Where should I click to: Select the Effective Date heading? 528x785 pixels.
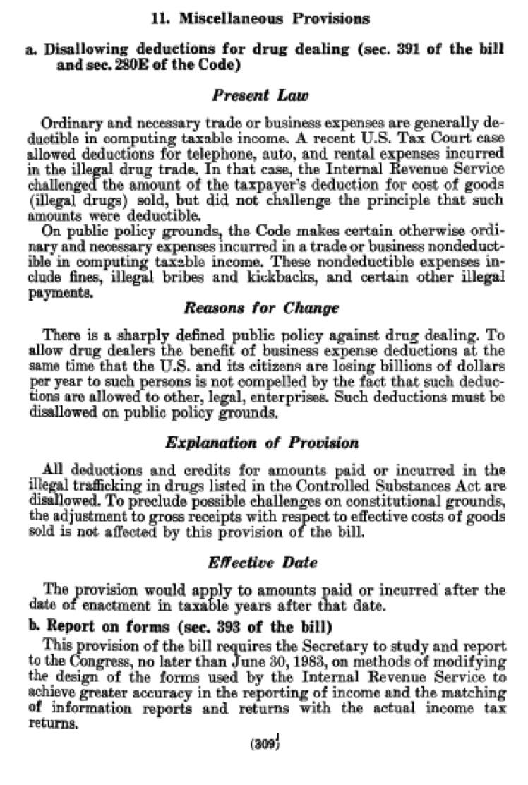[x=263, y=563]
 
